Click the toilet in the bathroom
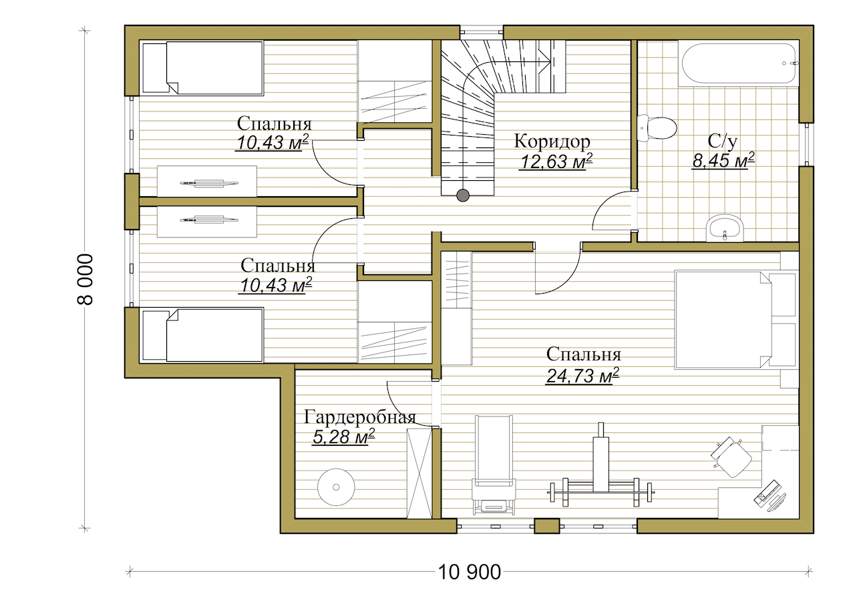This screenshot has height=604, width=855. pos(657,128)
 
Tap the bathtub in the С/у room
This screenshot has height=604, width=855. pos(739,63)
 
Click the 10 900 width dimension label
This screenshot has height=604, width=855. pos(469,573)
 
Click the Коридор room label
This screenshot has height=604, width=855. pos(552,141)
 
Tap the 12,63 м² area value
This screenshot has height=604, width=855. pos(556,162)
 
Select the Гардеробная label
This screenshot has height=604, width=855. pos(359,418)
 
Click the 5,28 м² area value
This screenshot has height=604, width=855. pos(343,436)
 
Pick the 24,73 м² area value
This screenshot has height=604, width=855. pos(582,376)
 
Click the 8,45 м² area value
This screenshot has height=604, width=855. pos(723,160)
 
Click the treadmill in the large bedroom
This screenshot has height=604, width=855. pos(494,465)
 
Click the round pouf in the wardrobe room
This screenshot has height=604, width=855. pos(336,487)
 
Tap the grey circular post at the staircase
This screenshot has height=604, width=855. pos(463,196)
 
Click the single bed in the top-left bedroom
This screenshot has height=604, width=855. pos(202,68)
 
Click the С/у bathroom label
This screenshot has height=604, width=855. pos(722,141)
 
